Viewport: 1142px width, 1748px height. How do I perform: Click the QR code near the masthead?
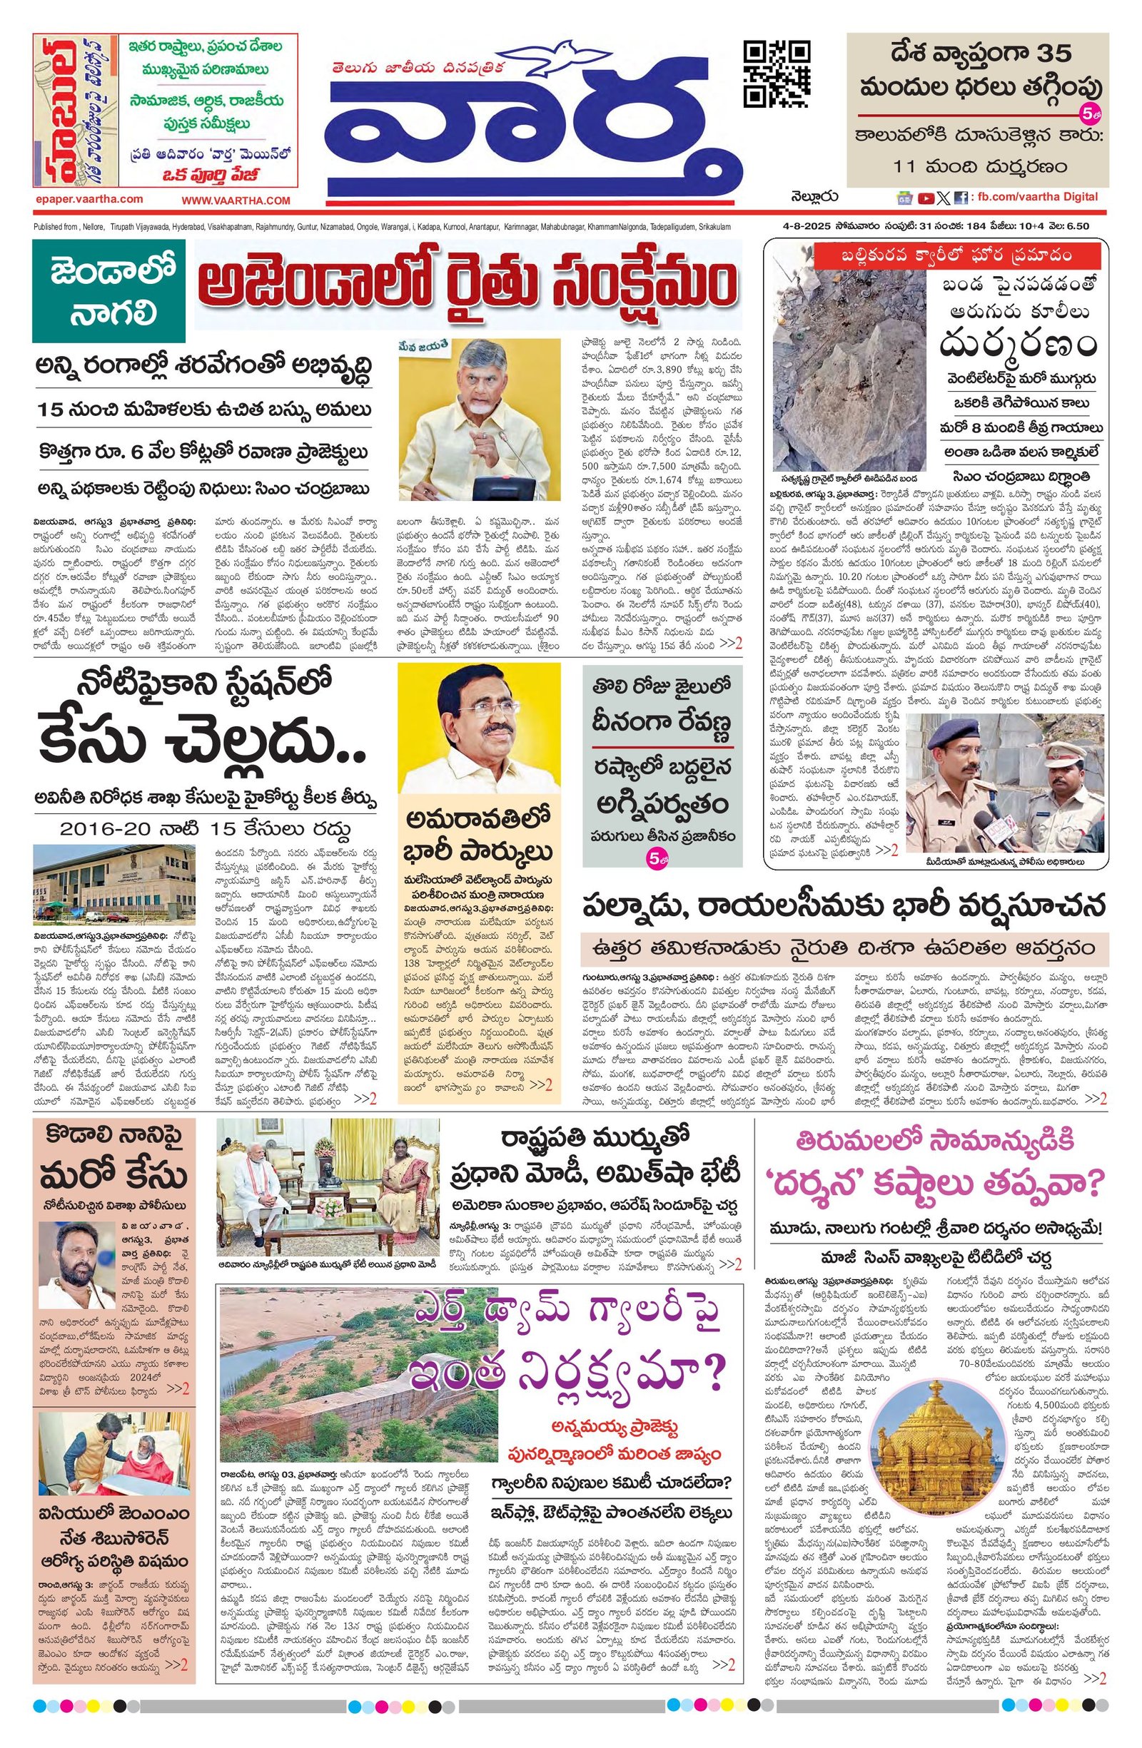[777, 74]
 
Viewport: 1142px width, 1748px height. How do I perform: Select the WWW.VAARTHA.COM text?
[236, 200]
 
